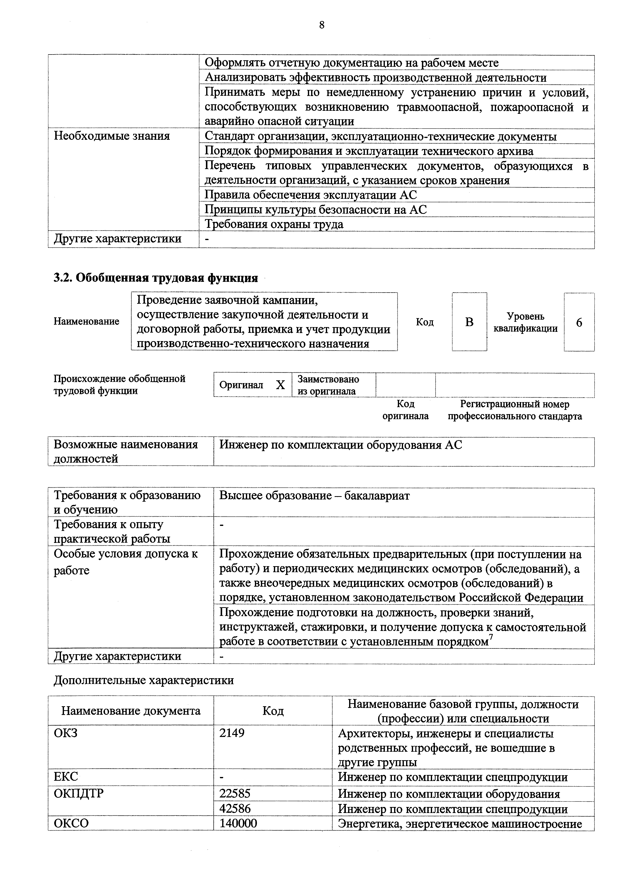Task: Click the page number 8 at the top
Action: [x=321, y=25]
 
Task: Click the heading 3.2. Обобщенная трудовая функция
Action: [x=156, y=278]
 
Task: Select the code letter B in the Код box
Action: [x=469, y=322]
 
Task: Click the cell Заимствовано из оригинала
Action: [x=328, y=385]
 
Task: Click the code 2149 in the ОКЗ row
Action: [x=232, y=733]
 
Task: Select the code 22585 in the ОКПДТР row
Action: [x=235, y=794]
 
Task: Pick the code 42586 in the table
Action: [x=235, y=809]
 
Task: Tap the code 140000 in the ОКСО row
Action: [x=238, y=823]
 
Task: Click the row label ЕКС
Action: [x=66, y=776]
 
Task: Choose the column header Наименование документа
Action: [x=130, y=711]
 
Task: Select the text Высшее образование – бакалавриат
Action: [x=314, y=496]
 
